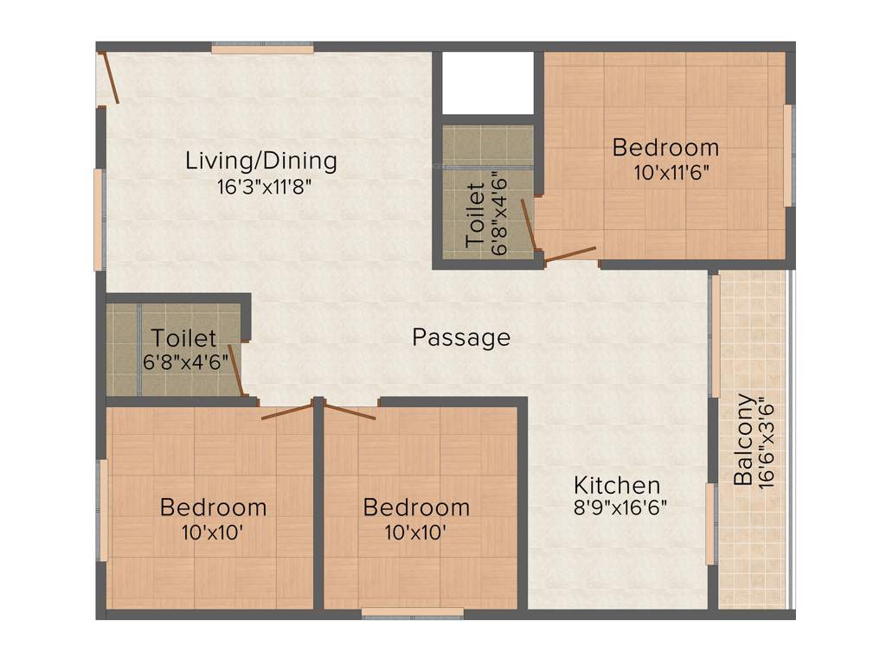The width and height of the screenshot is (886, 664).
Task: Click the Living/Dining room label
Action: (260, 161)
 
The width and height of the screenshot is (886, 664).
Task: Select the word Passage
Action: (460, 337)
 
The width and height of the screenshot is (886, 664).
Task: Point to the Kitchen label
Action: (618, 485)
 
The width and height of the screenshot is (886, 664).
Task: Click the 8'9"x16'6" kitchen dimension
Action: (620, 508)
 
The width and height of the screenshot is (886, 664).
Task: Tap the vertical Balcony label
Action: (742, 440)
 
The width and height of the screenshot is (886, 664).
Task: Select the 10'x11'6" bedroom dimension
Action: (671, 172)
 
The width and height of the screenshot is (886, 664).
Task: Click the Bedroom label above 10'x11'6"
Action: (665, 147)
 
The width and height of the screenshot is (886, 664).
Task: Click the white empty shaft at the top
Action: (487, 82)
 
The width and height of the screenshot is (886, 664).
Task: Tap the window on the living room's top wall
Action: (262, 49)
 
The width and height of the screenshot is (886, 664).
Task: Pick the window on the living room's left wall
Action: (99, 220)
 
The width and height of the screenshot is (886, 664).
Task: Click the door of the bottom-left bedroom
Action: (286, 411)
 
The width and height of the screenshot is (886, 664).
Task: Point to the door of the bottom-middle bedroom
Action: (350, 411)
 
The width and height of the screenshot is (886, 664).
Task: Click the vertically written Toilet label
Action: (475, 216)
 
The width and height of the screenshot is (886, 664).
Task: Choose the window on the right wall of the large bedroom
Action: (787, 156)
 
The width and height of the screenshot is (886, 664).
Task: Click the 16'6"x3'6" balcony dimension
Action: (765, 443)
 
